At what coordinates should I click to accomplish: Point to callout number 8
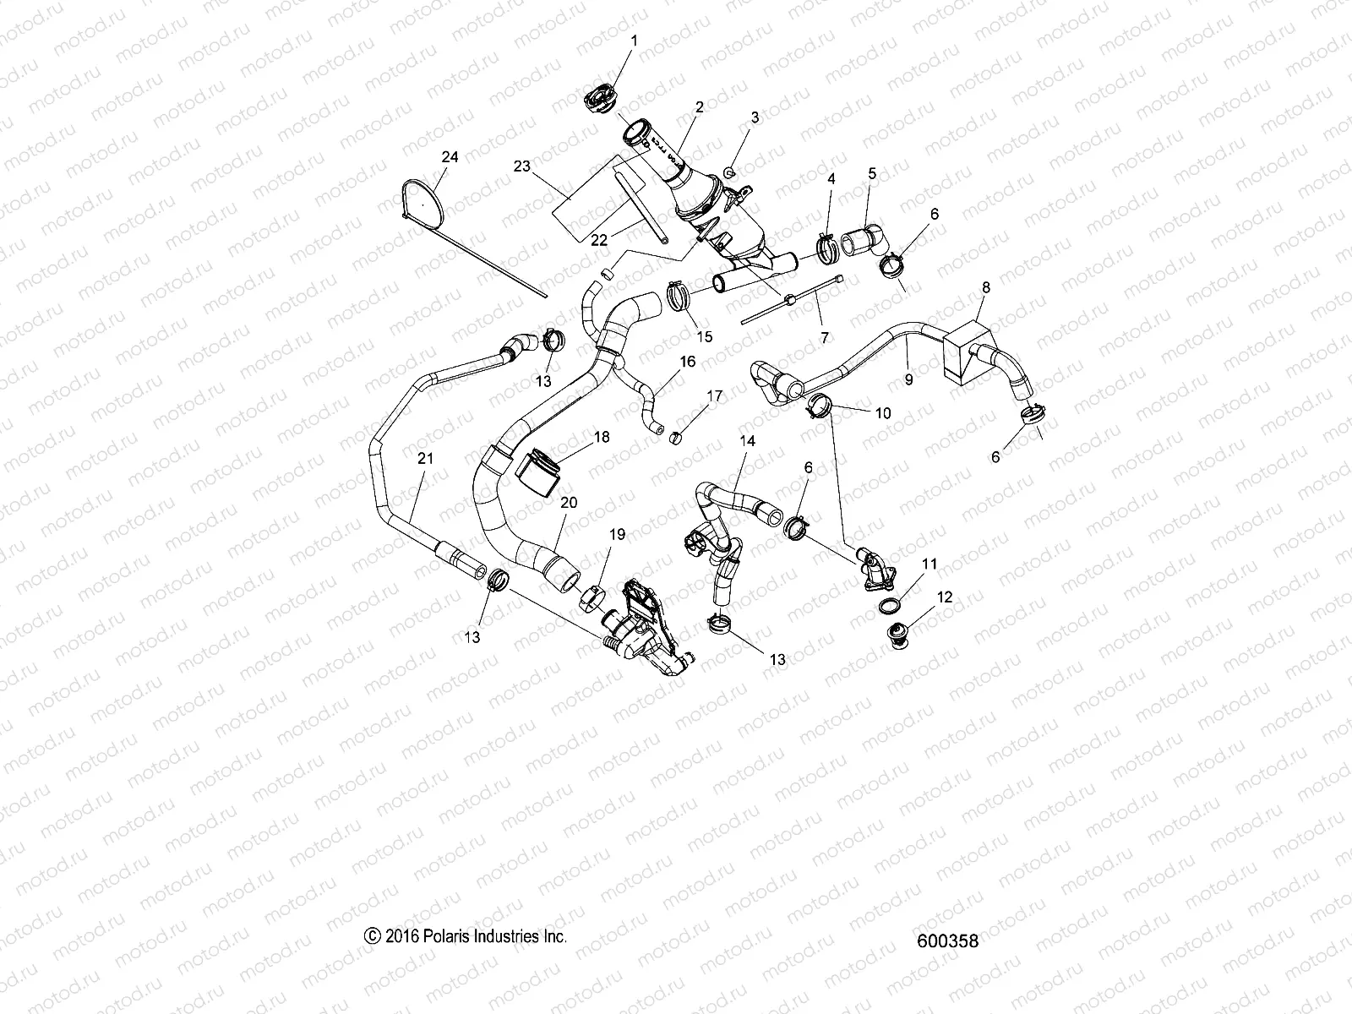tap(986, 287)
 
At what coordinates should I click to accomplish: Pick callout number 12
tap(945, 597)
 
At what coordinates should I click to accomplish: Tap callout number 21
tap(425, 458)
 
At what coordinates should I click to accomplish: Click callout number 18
tap(601, 438)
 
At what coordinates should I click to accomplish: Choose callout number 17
tap(715, 395)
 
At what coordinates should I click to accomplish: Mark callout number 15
tap(705, 336)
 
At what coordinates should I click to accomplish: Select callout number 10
tap(882, 413)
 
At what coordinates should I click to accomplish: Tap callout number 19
tap(617, 534)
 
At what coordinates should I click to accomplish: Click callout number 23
tap(521, 166)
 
